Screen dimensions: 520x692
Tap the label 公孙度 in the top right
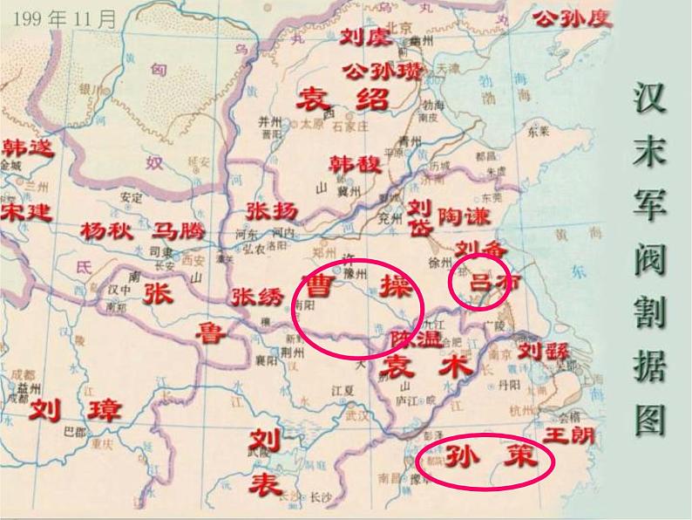point(573,17)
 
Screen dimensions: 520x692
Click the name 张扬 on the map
point(271,210)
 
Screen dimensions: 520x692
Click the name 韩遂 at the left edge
point(27,147)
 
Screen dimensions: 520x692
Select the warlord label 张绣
point(258,297)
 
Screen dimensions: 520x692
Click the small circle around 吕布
point(479,282)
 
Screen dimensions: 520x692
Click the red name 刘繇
point(544,351)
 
